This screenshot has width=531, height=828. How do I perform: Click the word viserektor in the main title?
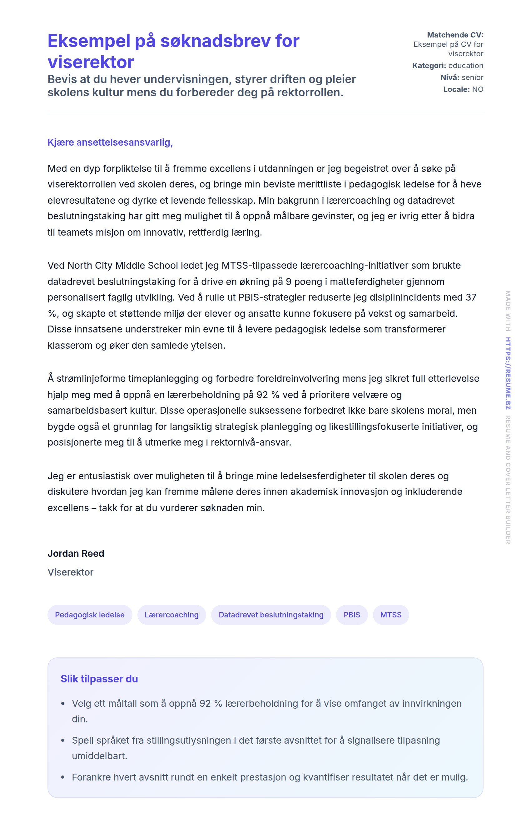pyautogui.click(x=91, y=62)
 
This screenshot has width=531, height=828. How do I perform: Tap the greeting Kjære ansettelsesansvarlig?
pyautogui.click(x=110, y=142)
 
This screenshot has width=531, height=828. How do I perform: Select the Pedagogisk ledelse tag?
pyautogui.click(x=90, y=615)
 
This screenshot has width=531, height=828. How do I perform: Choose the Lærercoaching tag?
pyautogui.click(x=171, y=615)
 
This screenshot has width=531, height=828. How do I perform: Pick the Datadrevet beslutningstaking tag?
pyautogui.click(x=271, y=615)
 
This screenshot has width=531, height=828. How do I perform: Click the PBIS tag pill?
pyautogui.click(x=352, y=615)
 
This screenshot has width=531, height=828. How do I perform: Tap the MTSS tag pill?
pyautogui.click(x=391, y=615)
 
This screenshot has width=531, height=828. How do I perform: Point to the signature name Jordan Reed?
pyautogui.click(x=76, y=553)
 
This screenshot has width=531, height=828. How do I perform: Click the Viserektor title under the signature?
pyautogui.click(x=70, y=572)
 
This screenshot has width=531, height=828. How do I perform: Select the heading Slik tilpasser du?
pyautogui.click(x=99, y=679)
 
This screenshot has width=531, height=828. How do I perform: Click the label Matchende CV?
pyautogui.click(x=455, y=35)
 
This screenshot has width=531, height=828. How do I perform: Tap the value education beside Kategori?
pyautogui.click(x=465, y=66)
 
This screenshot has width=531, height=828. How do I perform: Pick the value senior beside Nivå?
pyautogui.click(x=472, y=77)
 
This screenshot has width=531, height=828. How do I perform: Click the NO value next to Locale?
pyautogui.click(x=478, y=89)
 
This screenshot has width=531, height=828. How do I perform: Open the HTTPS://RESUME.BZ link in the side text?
pyautogui.click(x=508, y=373)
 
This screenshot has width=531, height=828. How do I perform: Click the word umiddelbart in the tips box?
pyautogui.click(x=99, y=756)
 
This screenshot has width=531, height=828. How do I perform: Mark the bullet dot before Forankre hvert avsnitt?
pyautogui.click(x=63, y=777)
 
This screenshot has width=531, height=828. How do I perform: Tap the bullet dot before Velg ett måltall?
pyautogui.click(x=63, y=704)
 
